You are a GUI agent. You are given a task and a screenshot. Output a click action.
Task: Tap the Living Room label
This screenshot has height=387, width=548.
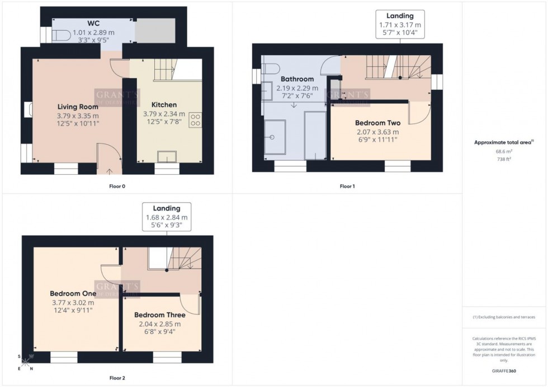pyautogui.click(x=78, y=107)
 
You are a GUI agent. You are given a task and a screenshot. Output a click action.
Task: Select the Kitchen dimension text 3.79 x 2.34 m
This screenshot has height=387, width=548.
pyautogui.click(x=164, y=114)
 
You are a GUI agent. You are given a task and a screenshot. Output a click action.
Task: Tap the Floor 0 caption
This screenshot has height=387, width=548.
pyautogui.click(x=117, y=186)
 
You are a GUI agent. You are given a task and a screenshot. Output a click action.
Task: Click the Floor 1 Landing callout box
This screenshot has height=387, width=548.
pyautogui.click(x=399, y=25)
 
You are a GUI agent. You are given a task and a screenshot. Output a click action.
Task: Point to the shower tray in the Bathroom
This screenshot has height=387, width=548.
pyautogui.click(x=275, y=137)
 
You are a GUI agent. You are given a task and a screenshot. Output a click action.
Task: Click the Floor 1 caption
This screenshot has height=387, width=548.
pyautogui.click(x=347, y=186)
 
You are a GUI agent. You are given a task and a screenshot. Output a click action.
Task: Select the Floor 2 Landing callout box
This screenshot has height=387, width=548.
pyautogui.click(x=166, y=217)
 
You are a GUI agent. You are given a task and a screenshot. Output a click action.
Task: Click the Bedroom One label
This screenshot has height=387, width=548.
pyautogui.click(x=73, y=294)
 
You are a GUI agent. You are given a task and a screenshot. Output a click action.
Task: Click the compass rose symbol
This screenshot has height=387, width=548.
pyautogui.click(x=25, y=362)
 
